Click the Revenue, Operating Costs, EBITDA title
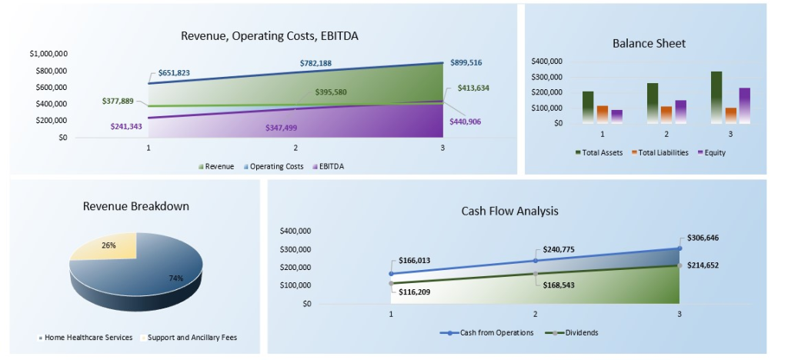pyautogui.click(x=269, y=35)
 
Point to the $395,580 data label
pyautogui.click(x=331, y=92)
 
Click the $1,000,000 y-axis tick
pyautogui.click(x=48, y=54)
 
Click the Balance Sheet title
pyautogui.click(x=649, y=43)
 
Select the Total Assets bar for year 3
pyautogui.click(x=716, y=97)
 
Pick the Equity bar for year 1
pyautogui.click(x=617, y=116)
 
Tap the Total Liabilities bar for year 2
pyautogui.click(x=666, y=114)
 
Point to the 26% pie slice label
pyautogui.click(x=109, y=245)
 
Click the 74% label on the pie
pyautogui.click(x=176, y=278)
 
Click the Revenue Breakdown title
pyautogui.click(x=135, y=206)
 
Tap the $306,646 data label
pyautogui.click(x=703, y=238)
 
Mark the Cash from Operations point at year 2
pyautogui.click(x=536, y=261)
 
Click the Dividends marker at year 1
pyautogui.click(x=392, y=283)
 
